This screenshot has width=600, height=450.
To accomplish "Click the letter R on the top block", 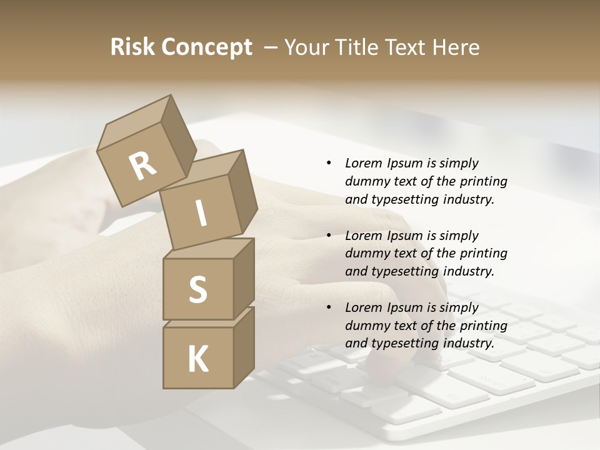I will [143, 166].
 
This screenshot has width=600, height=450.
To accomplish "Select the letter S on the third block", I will [197, 289].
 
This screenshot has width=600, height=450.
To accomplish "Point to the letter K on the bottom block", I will [198, 359].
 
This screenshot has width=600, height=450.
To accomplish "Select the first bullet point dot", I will [329, 163].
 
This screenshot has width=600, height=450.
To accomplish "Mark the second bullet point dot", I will [329, 236].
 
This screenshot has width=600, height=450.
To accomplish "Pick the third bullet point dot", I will [329, 307].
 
